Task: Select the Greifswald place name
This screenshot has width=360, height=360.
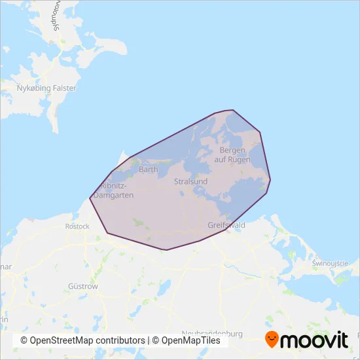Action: click(x=226, y=225)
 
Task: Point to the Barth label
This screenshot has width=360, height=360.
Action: click(x=149, y=170)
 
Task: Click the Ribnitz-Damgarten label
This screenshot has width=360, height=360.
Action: click(x=114, y=190)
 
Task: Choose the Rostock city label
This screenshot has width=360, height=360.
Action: click(x=77, y=226)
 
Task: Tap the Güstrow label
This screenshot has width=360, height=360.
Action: click(x=83, y=287)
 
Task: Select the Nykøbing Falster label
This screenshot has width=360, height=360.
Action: click(x=46, y=88)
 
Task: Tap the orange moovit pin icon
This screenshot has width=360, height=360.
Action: click(x=272, y=340)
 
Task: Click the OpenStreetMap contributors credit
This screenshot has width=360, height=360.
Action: click(x=82, y=341)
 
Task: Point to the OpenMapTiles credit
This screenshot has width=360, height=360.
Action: click(x=187, y=341)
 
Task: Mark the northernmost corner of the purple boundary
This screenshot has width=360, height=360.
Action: click(x=233, y=110)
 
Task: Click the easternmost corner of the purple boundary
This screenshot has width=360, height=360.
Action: click(x=270, y=179)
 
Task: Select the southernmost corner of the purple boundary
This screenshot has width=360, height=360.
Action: click(x=167, y=250)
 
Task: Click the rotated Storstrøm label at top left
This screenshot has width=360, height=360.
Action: click(x=55, y=16)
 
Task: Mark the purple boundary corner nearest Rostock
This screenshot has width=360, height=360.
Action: click(x=107, y=233)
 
